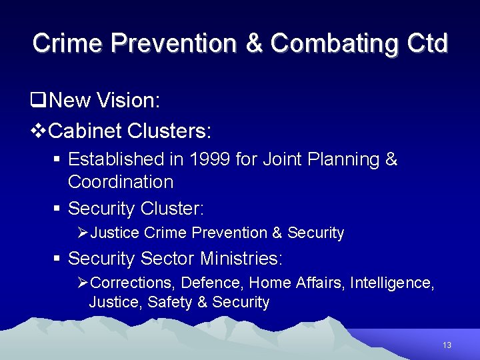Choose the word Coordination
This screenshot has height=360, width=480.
[121, 181]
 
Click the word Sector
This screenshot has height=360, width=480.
[169, 258]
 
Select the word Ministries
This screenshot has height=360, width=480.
[242, 258]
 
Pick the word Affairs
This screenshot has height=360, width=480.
[317, 283]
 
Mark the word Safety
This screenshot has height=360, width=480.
[170, 303]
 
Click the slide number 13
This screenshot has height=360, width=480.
[447, 345]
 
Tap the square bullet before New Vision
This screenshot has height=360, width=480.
[37, 101]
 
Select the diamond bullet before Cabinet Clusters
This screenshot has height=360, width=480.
[39, 131]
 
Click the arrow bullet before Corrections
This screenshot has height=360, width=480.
[83, 283]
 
